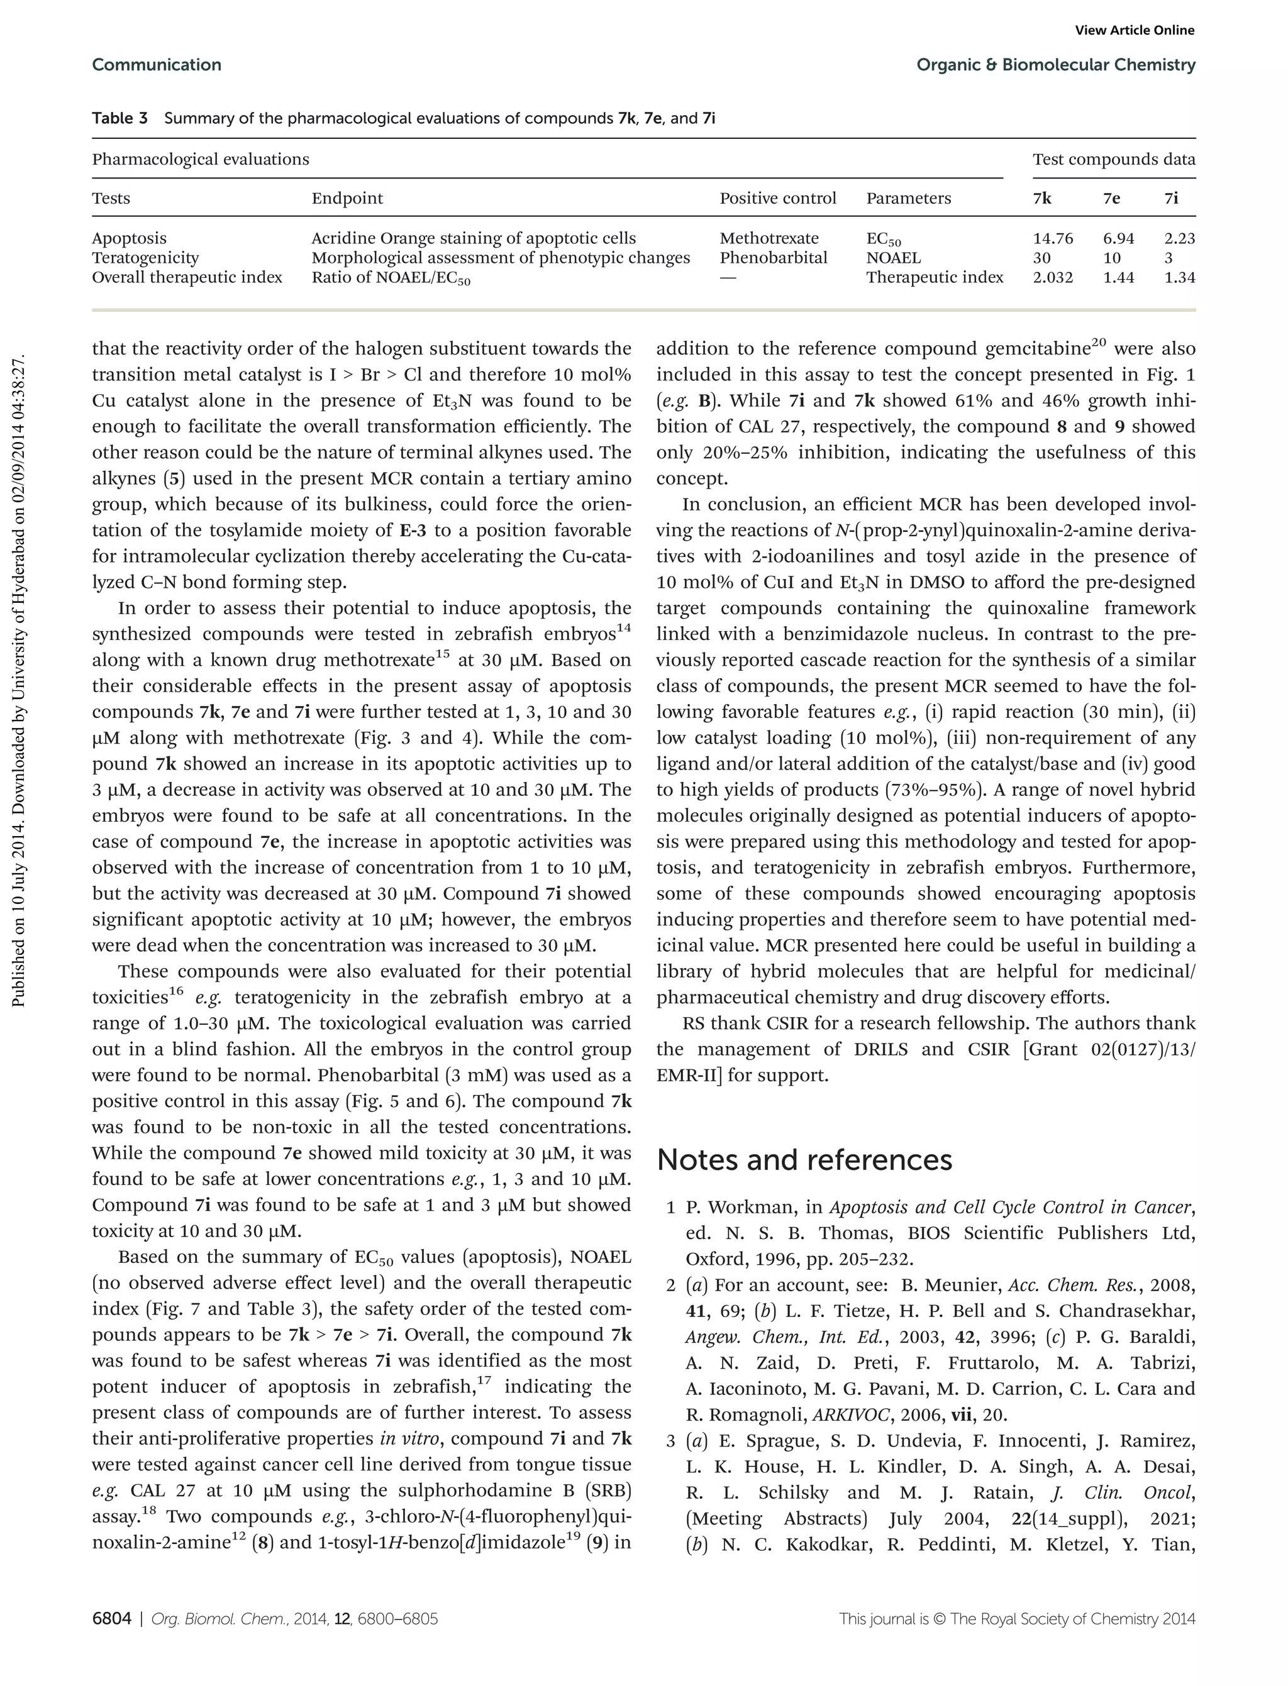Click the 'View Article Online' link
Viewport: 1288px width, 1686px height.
1134,31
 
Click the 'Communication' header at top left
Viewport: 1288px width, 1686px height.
157,65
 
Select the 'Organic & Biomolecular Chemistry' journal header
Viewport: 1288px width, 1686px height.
1056,65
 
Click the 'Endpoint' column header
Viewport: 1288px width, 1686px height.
347,199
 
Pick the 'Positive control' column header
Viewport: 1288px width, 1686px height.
777,199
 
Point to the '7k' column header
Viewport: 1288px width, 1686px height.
1042,199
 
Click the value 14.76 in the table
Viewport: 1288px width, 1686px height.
1053,238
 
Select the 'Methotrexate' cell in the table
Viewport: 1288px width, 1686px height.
769,238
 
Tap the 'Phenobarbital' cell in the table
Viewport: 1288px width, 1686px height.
774,258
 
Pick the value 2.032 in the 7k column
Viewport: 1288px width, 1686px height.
1053,277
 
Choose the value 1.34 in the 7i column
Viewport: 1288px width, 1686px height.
1179,277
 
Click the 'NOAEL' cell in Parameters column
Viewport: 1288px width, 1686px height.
893,258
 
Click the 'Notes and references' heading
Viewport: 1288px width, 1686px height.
804,1159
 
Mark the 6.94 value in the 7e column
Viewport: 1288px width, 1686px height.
1118,238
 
